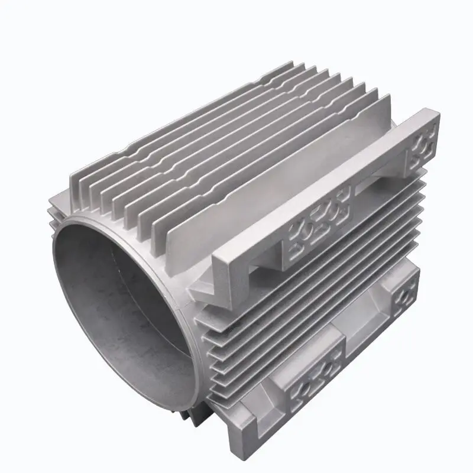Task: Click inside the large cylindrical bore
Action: tap(124, 296)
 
